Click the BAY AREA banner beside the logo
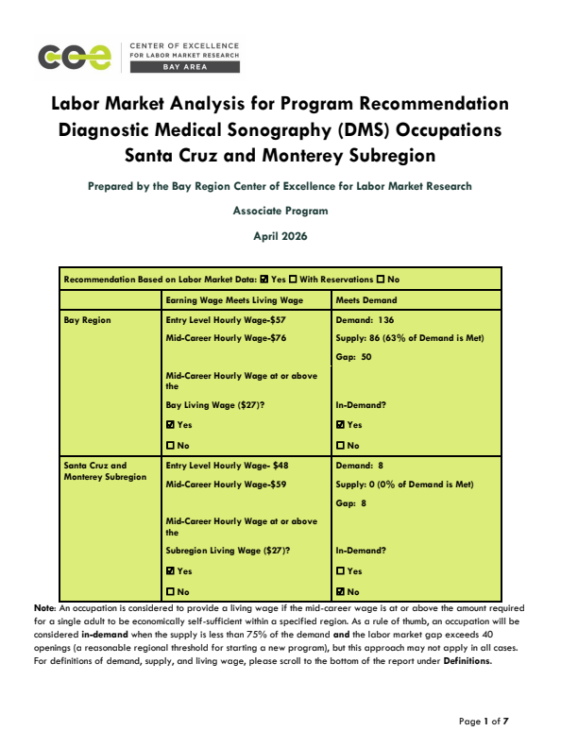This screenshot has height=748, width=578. click(185, 68)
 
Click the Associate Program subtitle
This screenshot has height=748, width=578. click(280, 212)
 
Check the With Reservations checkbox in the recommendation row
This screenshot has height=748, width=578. click(295, 280)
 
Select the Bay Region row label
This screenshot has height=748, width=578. click(87, 321)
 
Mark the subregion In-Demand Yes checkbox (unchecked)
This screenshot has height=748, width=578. click(341, 570)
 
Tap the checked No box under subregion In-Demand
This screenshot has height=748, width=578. click(341, 590)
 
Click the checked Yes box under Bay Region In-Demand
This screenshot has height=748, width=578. click(341, 425)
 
